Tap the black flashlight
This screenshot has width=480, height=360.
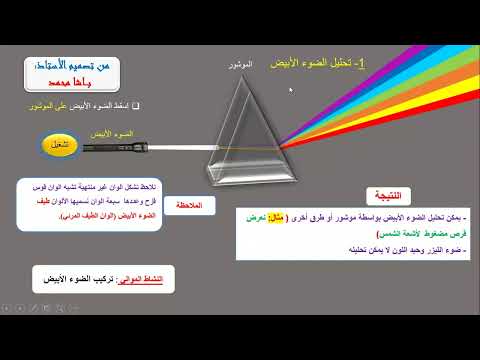coord(113,148)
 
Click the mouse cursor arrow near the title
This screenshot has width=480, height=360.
coord(291,91)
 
